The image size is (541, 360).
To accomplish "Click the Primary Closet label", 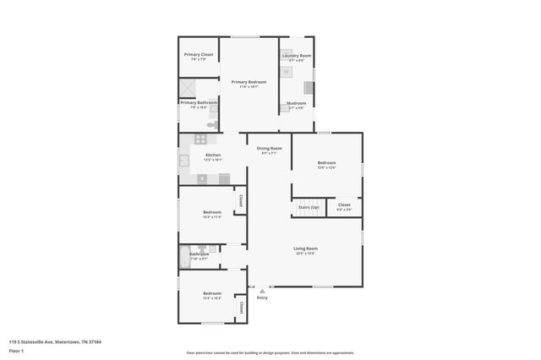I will (201, 54).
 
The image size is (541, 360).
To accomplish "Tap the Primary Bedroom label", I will (249, 82).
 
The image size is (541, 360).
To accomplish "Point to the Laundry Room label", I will (297, 56).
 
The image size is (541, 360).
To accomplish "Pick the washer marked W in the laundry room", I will (286, 72).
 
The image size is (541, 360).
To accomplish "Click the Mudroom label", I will (297, 104).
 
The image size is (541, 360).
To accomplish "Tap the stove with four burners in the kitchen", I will (200, 139).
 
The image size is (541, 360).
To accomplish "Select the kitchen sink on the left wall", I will (183, 160).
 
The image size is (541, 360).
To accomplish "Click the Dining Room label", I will (269, 149).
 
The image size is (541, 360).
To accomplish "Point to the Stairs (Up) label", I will (308, 207).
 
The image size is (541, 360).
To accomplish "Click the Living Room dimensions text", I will (304, 253).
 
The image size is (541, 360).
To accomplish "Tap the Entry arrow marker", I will (261, 291).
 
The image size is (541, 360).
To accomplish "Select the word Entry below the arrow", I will (262, 297).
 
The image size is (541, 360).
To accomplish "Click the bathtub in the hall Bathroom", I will (185, 257).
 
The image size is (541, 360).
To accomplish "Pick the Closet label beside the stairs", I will (344, 205).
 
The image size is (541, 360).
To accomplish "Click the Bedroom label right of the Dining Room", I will (326, 162).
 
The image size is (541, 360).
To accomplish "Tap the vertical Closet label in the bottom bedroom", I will (240, 307).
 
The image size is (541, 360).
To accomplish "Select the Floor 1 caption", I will (17, 352).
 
